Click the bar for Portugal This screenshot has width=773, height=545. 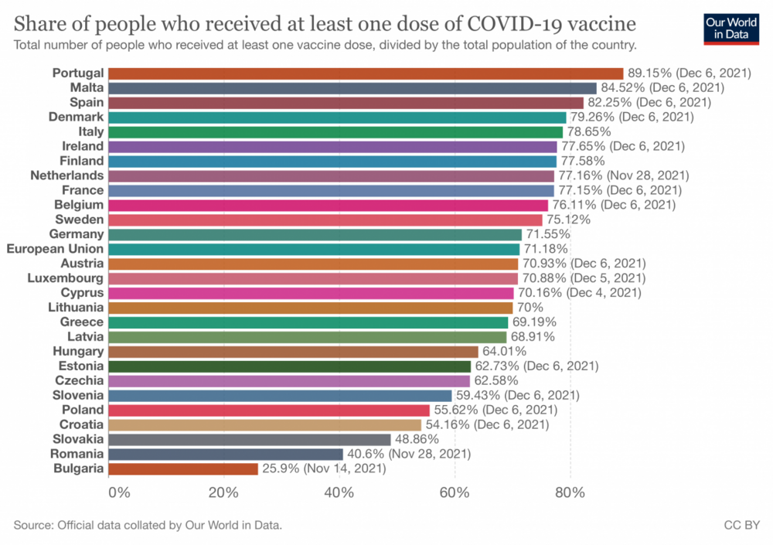[366, 73]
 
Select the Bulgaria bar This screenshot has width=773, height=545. [183, 468]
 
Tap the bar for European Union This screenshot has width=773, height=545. [314, 249]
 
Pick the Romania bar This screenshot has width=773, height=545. [226, 454]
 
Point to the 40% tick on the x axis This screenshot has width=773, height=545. [339, 492]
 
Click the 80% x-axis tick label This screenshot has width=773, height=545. [570, 492]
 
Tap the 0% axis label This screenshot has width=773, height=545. [118, 492]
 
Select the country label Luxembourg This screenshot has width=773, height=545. [65, 278]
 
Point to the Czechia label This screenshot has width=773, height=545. [79, 380]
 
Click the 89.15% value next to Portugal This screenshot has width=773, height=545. [649, 73]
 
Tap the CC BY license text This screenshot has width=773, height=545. [741, 526]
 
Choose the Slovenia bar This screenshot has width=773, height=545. [280, 395]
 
